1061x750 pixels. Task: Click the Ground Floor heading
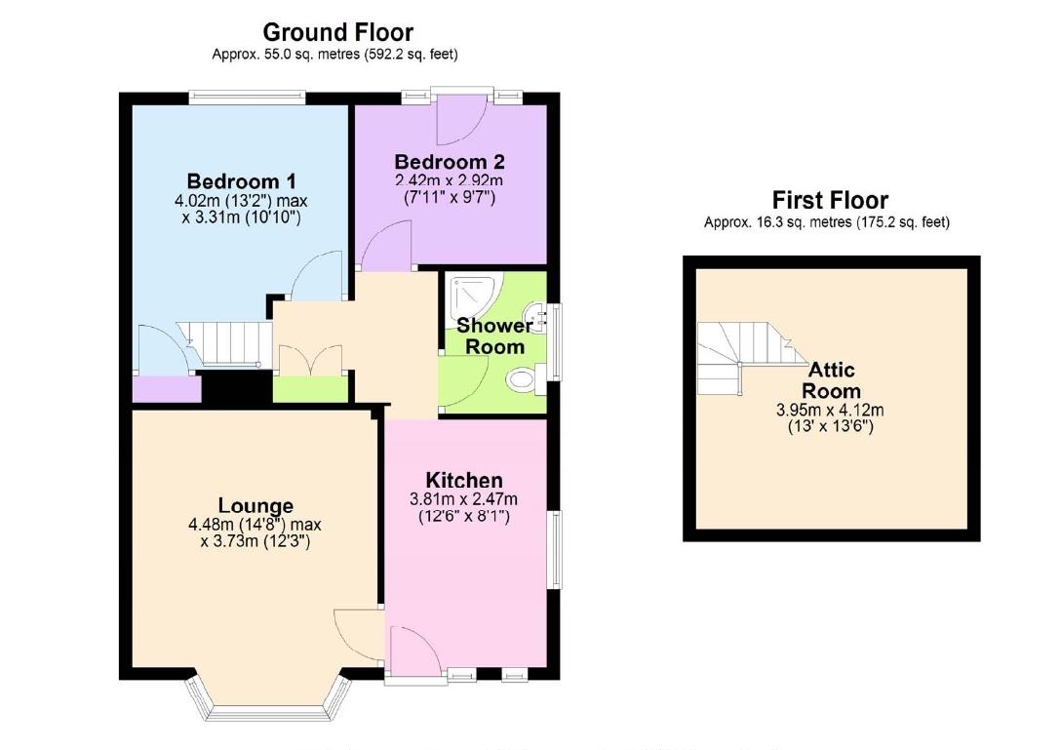click(337, 33)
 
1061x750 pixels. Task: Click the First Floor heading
click(830, 200)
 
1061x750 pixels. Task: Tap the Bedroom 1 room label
click(241, 181)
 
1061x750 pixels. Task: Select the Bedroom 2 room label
click(450, 161)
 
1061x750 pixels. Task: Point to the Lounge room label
click(255, 505)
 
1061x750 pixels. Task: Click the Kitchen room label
click(464, 480)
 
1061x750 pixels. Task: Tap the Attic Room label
click(832, 379)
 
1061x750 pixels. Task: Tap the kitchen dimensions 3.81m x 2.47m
click(463, 499)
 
